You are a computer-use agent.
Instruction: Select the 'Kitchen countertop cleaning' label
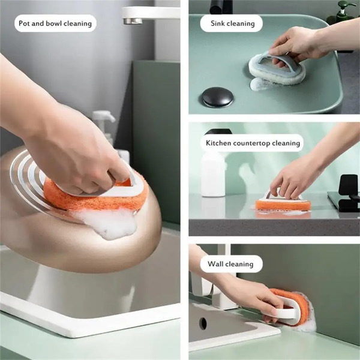pyautogui.click(x=251, y=143)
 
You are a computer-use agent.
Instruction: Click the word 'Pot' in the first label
pyautogui.click(x=25, y=23)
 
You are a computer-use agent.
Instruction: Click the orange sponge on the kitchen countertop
pyautogui.click(x=283, y=205)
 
